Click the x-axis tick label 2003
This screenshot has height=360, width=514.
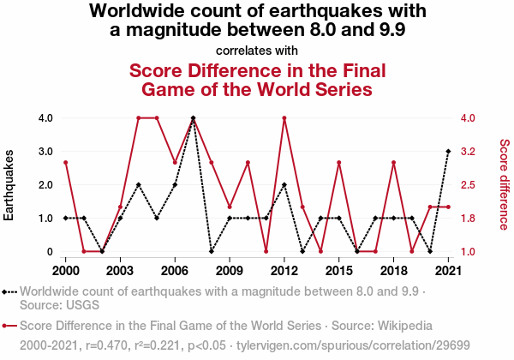pyautogui.click(x=120, y=270)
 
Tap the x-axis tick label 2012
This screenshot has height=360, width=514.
pyautogui.click(x=284, y=270)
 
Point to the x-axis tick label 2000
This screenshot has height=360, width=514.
pyautogui.click(x=65, y=270)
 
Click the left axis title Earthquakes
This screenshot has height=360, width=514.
pyautogui.click(x=9, y=185)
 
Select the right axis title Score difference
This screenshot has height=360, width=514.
pyautogui.click(x=505, y=185)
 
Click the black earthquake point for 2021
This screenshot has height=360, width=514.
pyautogui.click(x=448, y=152)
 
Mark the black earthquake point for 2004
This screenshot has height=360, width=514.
pyautogui.click(x=138, y=185)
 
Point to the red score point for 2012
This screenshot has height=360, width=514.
pyautogui.click(x=284, y=117)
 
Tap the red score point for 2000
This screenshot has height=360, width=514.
pyautogui.click(x=65, y=163)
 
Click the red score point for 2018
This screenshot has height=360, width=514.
pyautogui.click(x=393, y=163)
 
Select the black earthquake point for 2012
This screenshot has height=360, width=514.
pyautogui.click(x=284, y=185)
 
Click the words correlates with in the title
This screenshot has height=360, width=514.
pyautogui.click(x=257, y=51)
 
